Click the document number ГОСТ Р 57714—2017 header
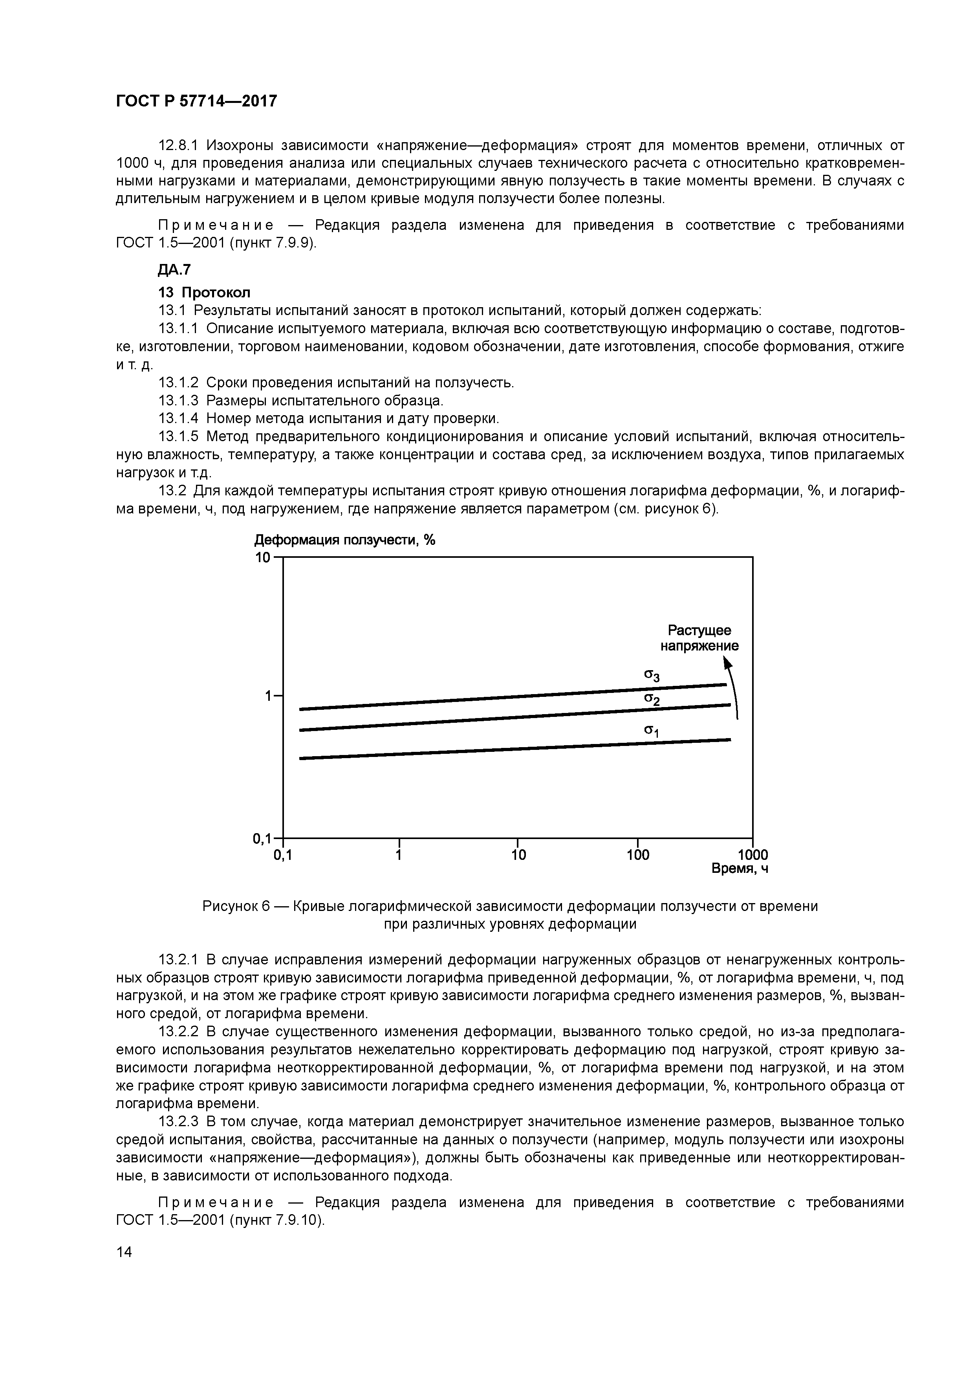tap(196, 101)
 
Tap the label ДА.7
tap(174, 270)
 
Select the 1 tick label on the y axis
tap(268, 696)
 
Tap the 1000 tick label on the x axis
tap(752, 855)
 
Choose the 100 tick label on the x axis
tap(638, 855)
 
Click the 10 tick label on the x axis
tap(518, 855)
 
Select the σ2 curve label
tap(652, 699)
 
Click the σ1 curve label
tap(652, 731)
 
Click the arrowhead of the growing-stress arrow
tap(727, 663)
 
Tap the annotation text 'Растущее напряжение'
tap(699, 638)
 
